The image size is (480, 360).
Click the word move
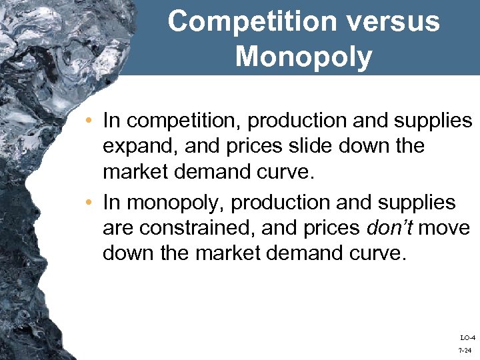point(445,228)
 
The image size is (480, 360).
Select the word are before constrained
point(118,228)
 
